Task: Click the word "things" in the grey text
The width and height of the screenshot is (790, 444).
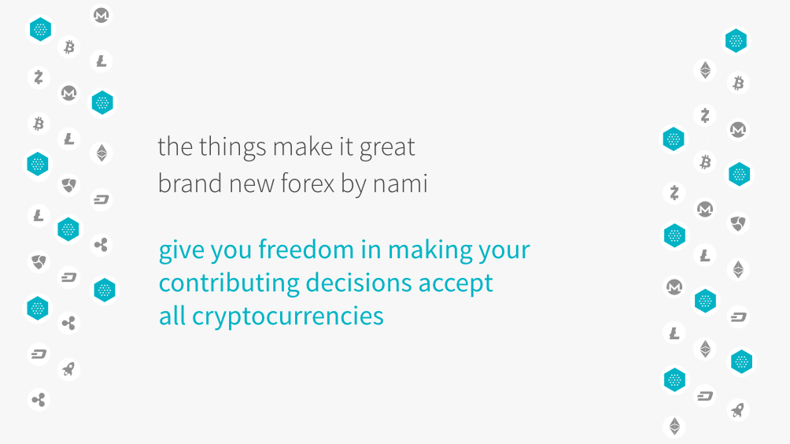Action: (232, 148)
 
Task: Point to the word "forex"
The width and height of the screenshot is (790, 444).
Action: (308, 183)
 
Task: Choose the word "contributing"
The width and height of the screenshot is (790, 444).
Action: (229, 283)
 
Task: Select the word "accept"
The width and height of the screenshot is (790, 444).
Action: (456, 283)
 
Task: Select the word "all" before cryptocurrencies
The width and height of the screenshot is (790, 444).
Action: (172, 316)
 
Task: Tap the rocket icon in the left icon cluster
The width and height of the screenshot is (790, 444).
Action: (68, 369)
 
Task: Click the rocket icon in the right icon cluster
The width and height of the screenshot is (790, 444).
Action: (737, 410)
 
